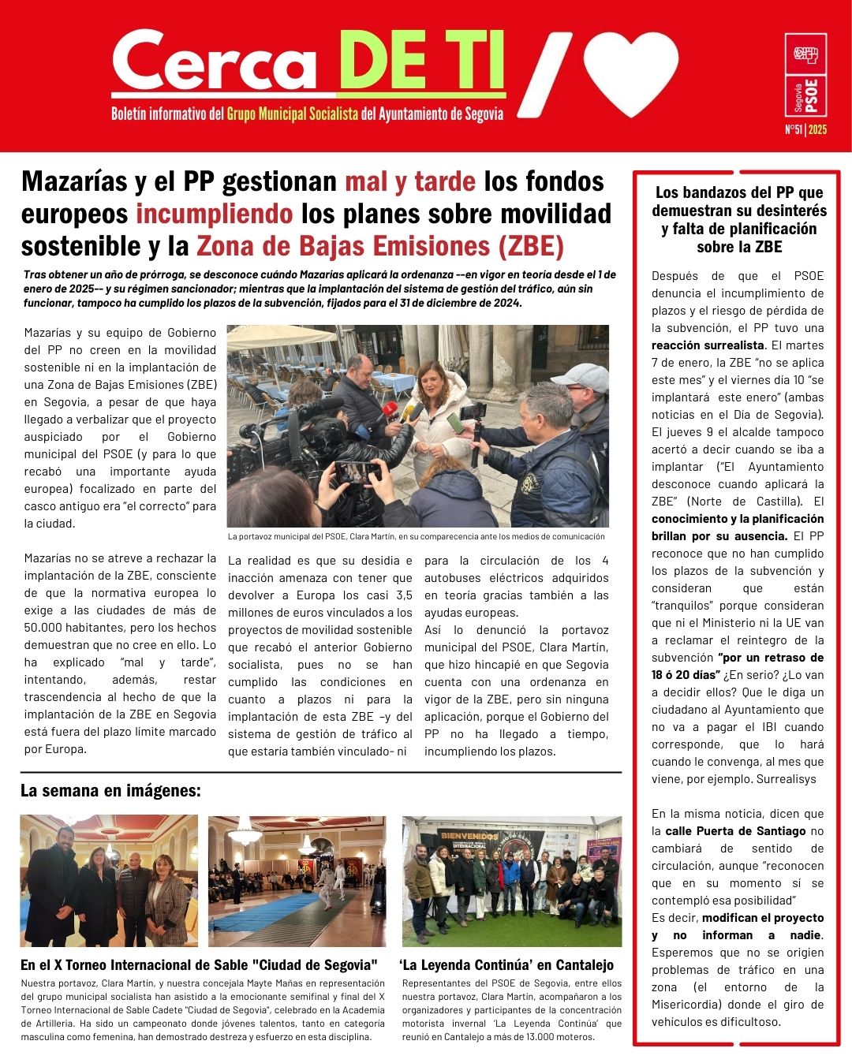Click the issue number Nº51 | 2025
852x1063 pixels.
[805, 129]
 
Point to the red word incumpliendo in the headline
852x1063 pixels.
[214, 214]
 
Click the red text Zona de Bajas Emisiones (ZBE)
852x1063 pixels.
[380, 246]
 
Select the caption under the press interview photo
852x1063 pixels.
[417, 536]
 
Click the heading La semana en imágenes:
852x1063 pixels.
[110, 790]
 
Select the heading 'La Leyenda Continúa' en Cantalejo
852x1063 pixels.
[506, 964]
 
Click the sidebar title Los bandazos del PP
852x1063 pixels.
[739, 192]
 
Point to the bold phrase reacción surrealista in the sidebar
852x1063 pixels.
[708, 345]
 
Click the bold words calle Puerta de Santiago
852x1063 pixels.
[735, 831]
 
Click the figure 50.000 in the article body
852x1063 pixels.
[46, 628]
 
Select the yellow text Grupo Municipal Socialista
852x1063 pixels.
[292, 114]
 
